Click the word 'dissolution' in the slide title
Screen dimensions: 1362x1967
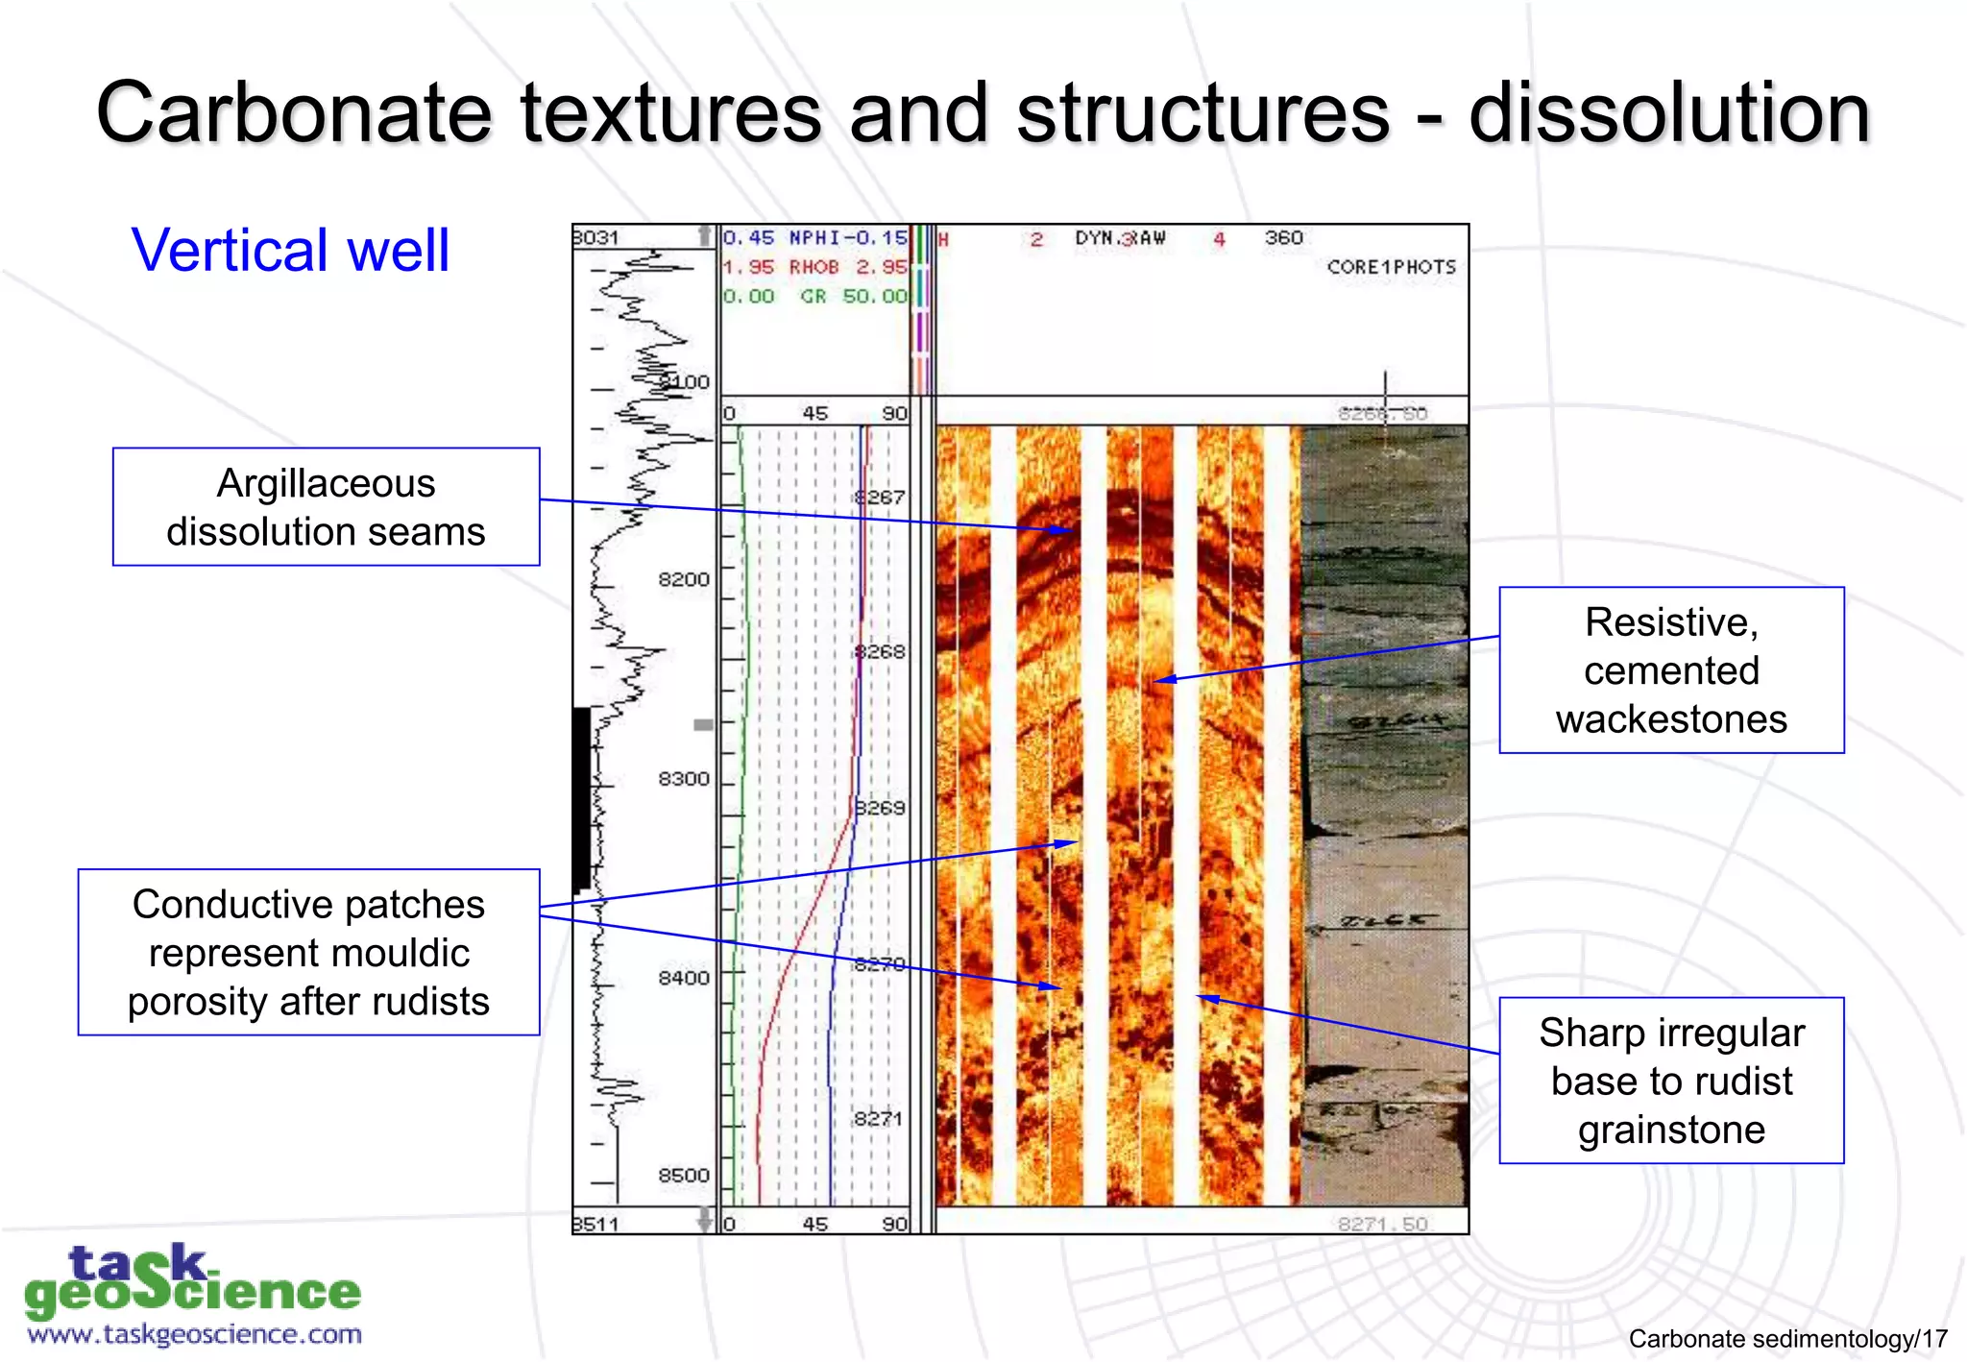click(x=1669, y=113)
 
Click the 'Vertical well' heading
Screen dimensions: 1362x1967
click(x=290, y=251)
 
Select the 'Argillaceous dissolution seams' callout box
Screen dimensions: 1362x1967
click(x=326, y=507)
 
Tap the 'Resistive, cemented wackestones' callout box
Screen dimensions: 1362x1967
click(x=1671, y=670)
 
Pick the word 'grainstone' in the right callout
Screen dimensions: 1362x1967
click(x=1671, y=1131)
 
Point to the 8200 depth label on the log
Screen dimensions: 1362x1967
click(x=683, y=579)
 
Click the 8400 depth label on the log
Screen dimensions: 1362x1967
click(x=683, y=978)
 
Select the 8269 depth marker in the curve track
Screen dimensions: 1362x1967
click(x=880, y=808)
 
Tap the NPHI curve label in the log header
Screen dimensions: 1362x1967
click(x=814, y=237)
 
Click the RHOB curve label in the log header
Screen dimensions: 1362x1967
click(x=814, y=267)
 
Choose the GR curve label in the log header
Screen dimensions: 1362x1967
click(x=814, y=297)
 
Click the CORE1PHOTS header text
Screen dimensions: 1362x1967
click(x=1391, y=267)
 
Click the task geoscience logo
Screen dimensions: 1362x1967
click(x=192, y=1281)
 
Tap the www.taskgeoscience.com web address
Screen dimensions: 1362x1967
click(x=194, y=1334)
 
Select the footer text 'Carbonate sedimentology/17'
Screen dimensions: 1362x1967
click(x=1787, y=1339)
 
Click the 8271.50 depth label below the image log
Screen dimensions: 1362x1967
click(x=1383, y=1224)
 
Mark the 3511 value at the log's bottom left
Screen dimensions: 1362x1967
click(x=596, y=1224)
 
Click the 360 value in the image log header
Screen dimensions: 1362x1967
click(x=1283, y=237)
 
